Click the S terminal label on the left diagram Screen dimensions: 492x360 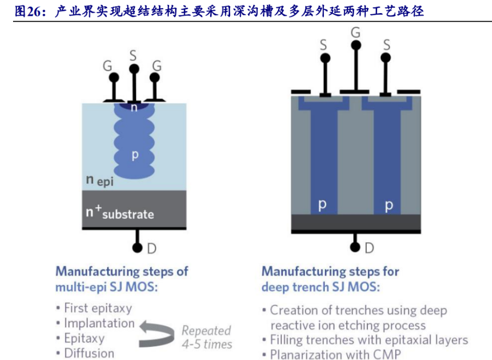133,55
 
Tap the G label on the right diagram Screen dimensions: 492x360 355,33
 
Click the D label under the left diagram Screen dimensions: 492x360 152,249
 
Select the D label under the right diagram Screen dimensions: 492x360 370,248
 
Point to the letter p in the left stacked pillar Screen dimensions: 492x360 134,155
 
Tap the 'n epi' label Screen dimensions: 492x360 100,180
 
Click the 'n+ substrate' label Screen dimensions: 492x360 120,212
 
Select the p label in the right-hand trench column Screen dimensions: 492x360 389,205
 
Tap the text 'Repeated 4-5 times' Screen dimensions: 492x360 206,337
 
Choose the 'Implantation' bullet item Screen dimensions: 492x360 99,323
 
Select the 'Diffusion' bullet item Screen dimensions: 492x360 89,353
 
